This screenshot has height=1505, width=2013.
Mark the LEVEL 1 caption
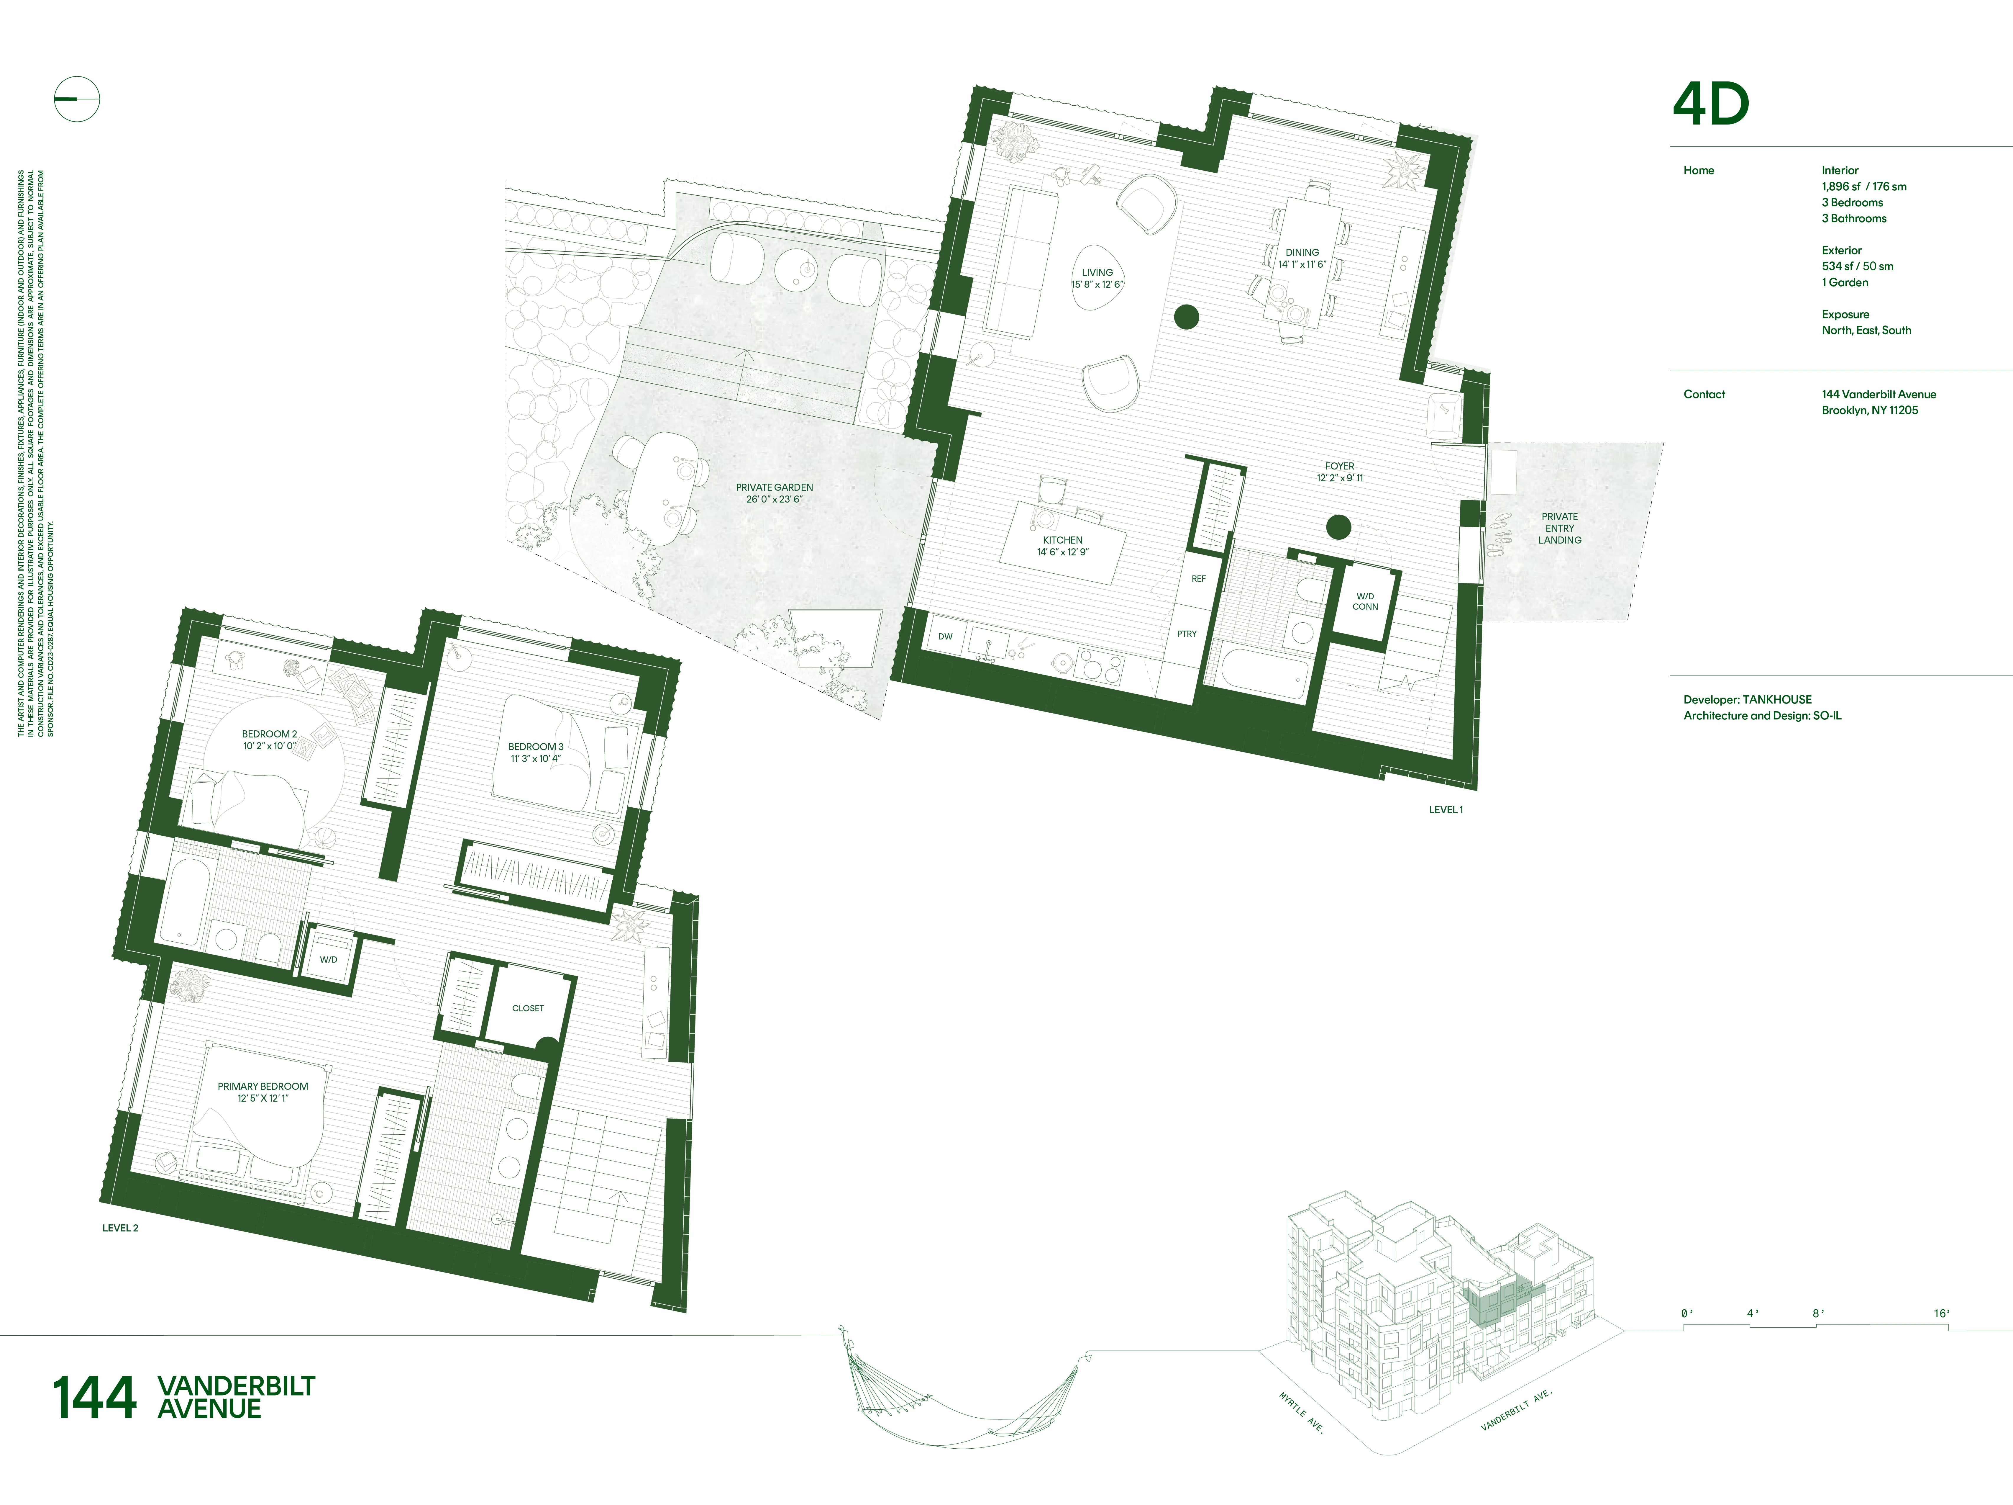1445,809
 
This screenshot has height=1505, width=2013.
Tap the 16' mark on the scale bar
1941,1313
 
